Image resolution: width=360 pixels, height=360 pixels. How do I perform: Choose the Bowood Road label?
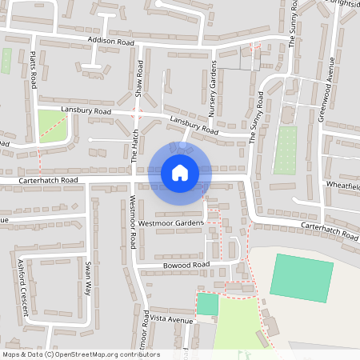pos(184,264)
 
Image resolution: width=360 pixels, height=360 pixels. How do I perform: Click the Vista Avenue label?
pos(172,319)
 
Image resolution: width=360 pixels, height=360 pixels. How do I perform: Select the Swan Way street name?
pos(87,277)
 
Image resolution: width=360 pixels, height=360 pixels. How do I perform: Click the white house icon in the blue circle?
pos(180,172)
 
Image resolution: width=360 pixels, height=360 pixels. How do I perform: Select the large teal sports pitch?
pos(301,277)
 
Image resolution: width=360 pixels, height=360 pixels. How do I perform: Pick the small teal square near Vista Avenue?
pos(207,304)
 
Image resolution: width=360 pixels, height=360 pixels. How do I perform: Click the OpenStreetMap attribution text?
pos(82,354)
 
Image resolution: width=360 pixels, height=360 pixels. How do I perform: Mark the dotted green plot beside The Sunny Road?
pos(285,150)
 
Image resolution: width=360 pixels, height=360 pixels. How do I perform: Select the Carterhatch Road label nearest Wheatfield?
pos(330,231)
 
